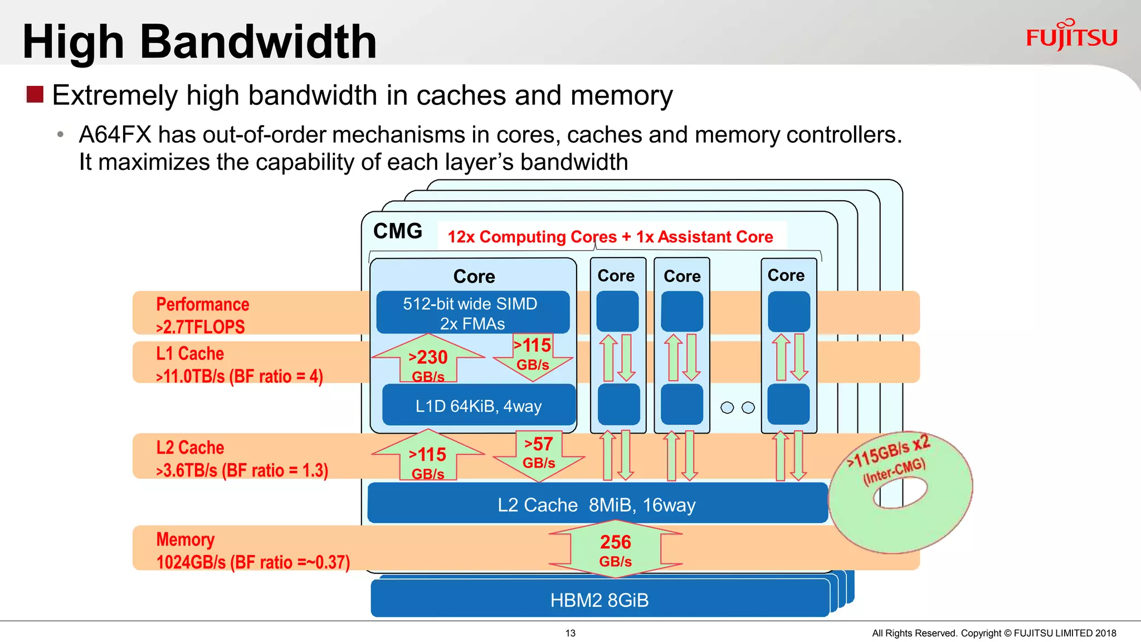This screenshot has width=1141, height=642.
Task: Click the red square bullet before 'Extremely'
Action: coord(35,94)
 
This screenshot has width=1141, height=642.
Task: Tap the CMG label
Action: coord(397,231)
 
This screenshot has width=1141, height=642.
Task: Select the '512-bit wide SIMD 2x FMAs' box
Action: coord(472,313)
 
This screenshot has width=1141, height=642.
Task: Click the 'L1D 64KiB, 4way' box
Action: coord(478,406)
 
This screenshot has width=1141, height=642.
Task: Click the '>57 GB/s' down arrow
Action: coord(539,454)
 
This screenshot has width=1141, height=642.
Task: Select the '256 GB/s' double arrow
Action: coord(615,549)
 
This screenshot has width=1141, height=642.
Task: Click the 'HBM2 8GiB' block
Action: coord(599,600)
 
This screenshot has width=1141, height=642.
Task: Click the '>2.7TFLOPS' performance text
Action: coord(201,327)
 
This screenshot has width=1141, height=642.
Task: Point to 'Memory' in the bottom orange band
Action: coord(185,539)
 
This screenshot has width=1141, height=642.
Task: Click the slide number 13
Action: coord(570,633)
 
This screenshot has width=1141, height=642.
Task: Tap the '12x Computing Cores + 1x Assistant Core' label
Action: coord(610,237)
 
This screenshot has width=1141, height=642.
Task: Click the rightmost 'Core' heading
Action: coord(786,275)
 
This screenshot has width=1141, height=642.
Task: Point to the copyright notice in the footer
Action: coord(993,633)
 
